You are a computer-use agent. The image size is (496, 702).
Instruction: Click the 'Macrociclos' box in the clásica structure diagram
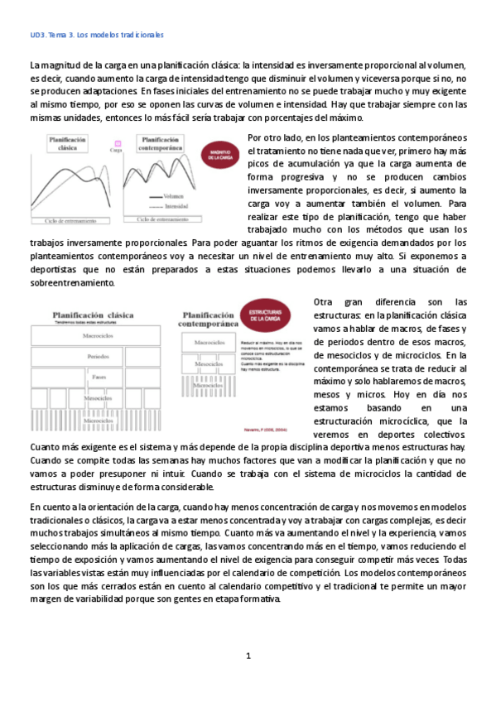point(98,337)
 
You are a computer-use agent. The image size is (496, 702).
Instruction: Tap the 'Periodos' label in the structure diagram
point(98,357)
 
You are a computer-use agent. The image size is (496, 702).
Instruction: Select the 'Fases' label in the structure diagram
point(98,377)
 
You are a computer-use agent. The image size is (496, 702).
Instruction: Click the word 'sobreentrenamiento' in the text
point(74,282)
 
